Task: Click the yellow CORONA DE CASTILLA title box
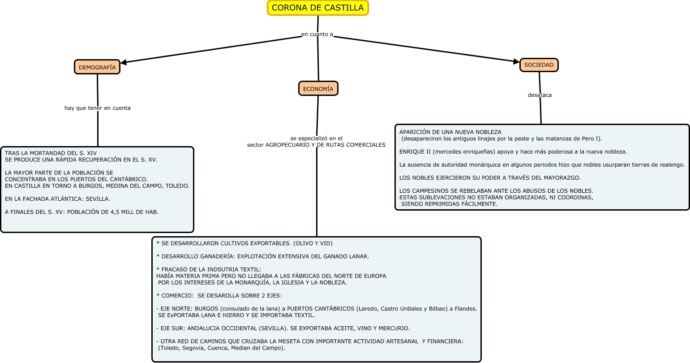318,8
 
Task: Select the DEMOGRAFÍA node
97,67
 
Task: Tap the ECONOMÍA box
318,89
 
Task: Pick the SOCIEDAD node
539,65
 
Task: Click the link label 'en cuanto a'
317,35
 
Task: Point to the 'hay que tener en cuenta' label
98,108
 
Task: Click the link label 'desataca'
540,95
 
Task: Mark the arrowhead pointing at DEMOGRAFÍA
124,63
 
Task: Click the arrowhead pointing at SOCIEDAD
516,61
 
